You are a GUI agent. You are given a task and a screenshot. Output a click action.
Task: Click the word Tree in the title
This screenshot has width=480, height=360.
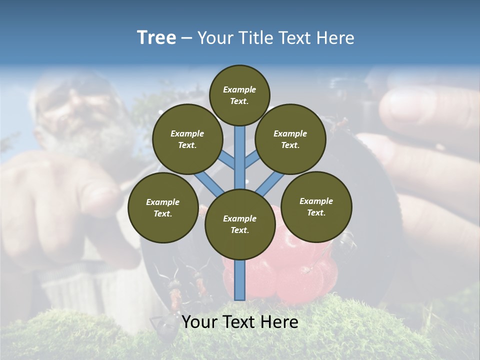coord(156,38)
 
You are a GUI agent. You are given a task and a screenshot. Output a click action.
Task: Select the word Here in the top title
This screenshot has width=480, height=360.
coord(336,38)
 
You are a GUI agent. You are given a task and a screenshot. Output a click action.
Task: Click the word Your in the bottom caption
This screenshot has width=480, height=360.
coord(200,322)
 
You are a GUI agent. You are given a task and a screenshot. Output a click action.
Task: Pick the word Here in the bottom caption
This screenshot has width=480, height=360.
coord(279,322)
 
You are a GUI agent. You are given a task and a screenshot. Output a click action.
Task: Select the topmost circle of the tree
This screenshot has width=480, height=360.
coord(239,95)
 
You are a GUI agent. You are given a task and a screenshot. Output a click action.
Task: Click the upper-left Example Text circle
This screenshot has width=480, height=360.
coord(187,139)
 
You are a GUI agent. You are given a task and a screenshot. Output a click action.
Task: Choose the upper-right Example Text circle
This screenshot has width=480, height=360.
coord(290,139)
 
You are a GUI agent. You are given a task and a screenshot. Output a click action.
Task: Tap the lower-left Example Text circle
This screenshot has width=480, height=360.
coord(163,208)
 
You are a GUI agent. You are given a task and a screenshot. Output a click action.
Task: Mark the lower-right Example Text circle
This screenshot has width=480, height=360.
coord(316,207)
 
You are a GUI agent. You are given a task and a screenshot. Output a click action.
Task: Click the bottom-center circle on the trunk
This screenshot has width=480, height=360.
coord(240,224)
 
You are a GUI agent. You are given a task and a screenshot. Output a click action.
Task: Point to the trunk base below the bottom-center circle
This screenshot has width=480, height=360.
coord(240,280)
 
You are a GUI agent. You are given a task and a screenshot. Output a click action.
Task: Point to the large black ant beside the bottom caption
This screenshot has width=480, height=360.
coord(165,325)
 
